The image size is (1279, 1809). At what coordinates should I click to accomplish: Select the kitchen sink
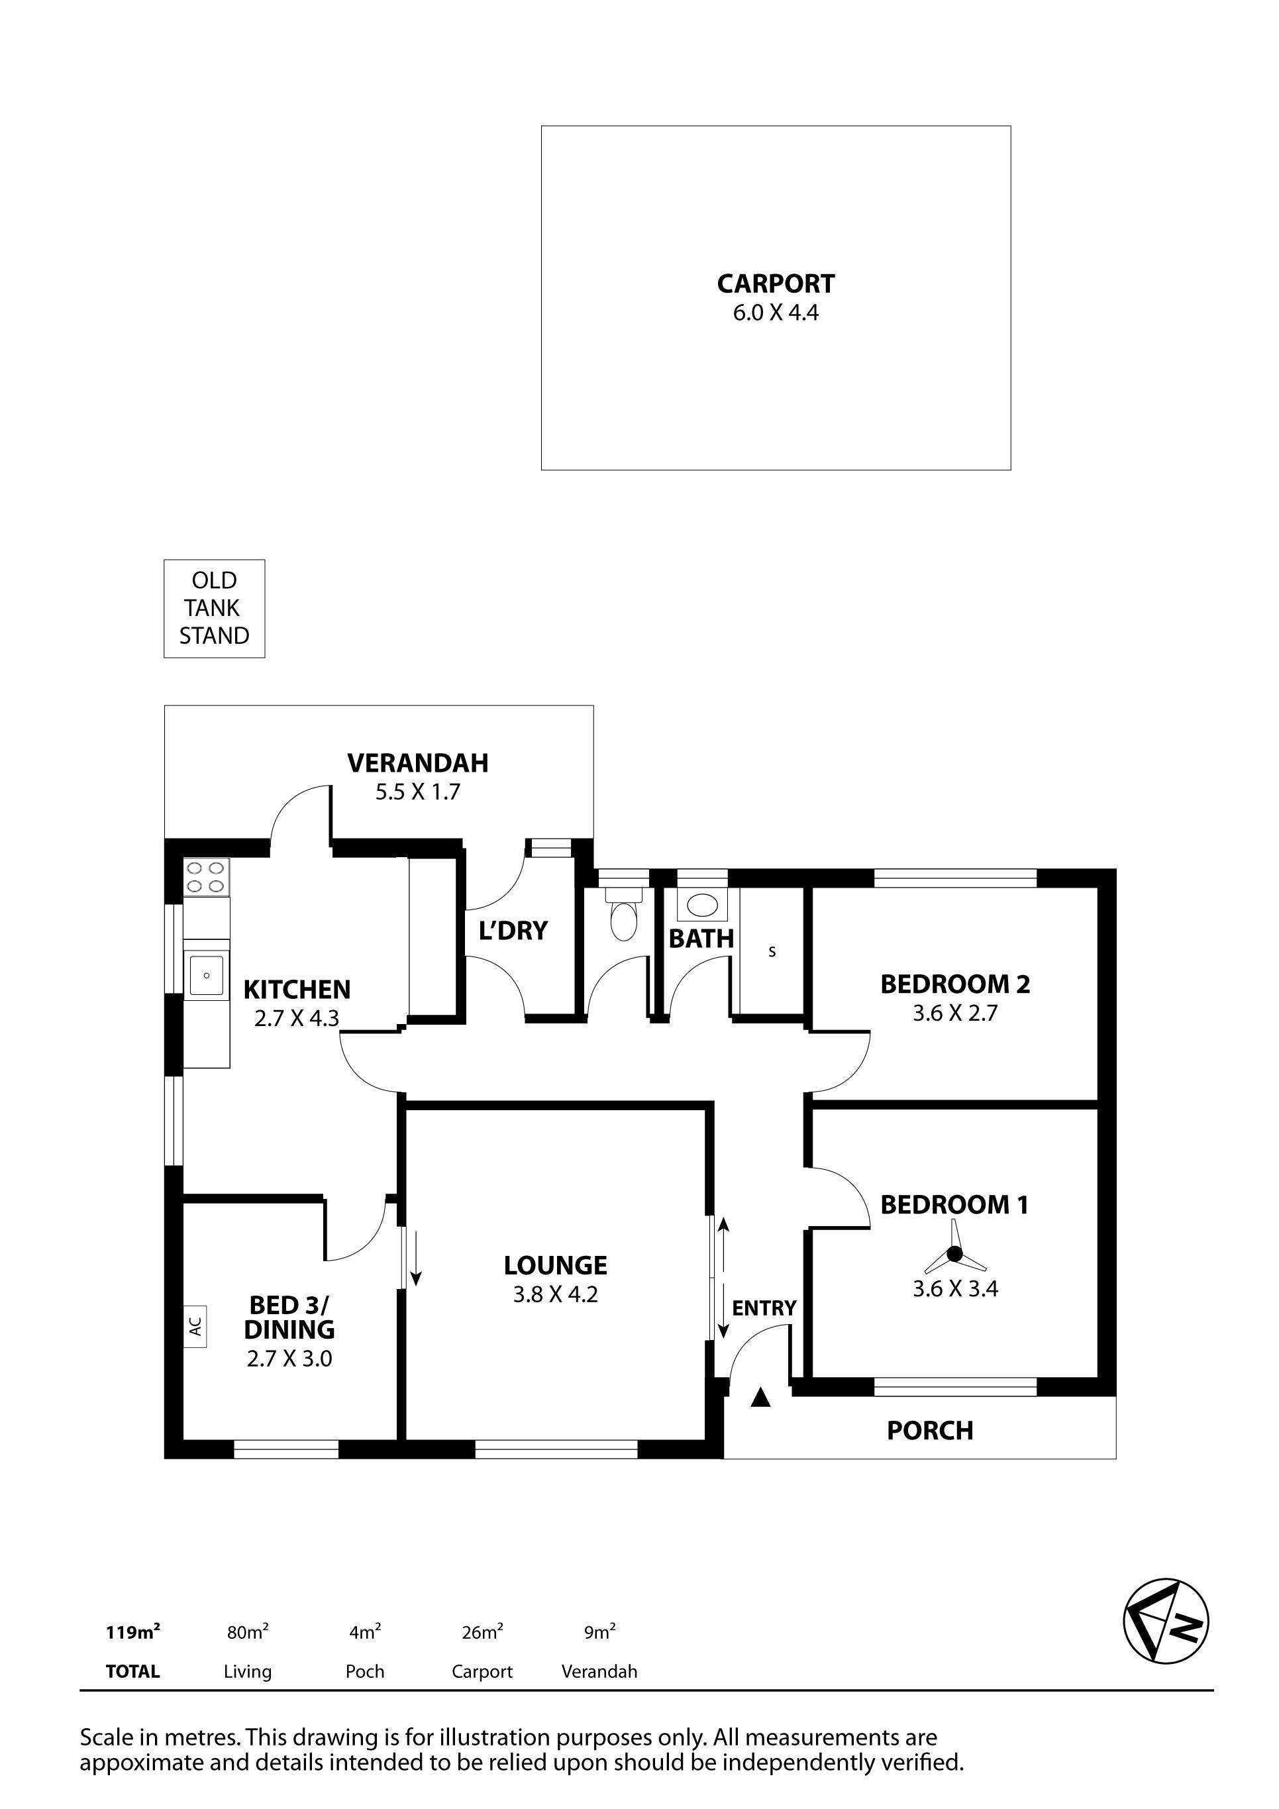click(207, 974)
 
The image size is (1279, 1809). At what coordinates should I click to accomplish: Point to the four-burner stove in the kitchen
click(207, 877)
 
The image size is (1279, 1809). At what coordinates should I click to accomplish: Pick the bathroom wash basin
click(701, 905)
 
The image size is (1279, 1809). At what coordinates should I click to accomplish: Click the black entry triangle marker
click(760, 1397)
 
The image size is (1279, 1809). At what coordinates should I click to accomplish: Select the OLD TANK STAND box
click(215, 608)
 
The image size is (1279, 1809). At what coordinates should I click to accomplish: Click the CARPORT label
click(776, 283)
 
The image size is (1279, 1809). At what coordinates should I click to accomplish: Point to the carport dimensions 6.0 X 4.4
click(776, 313)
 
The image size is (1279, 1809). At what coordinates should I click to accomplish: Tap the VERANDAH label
click(418, 762)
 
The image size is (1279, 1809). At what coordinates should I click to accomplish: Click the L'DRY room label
click(513, 931)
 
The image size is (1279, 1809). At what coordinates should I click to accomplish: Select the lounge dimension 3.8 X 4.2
click(556, 1294)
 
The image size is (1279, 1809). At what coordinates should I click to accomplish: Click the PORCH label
click(930, 1431)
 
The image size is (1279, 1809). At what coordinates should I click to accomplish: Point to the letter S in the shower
click(772, 952)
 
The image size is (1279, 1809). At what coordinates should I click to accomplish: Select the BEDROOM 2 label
click(955, 984)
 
